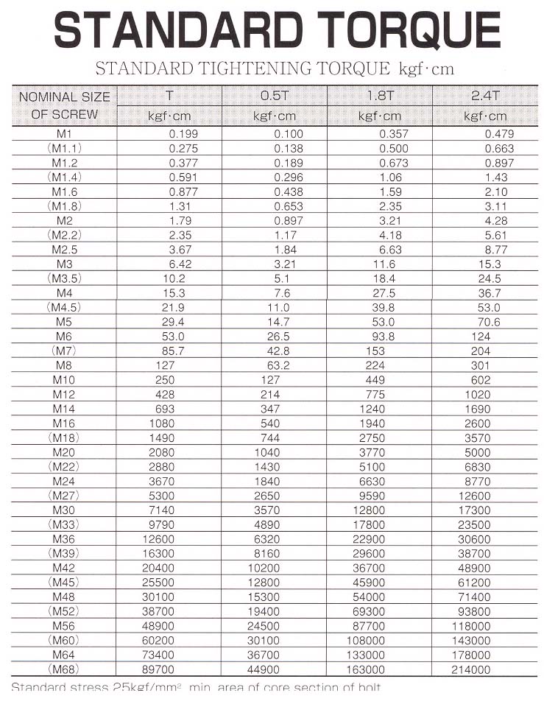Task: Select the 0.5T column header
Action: [x=275, y=96]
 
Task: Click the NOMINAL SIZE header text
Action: [x=65, y=96]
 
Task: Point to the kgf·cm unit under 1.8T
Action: [x=380, y=116]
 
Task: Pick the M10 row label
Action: [x=65, y=379]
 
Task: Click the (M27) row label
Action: [x=65, y=496]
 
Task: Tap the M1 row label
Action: [x=65, y=134]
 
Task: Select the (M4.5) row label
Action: [x=65, y=306]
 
